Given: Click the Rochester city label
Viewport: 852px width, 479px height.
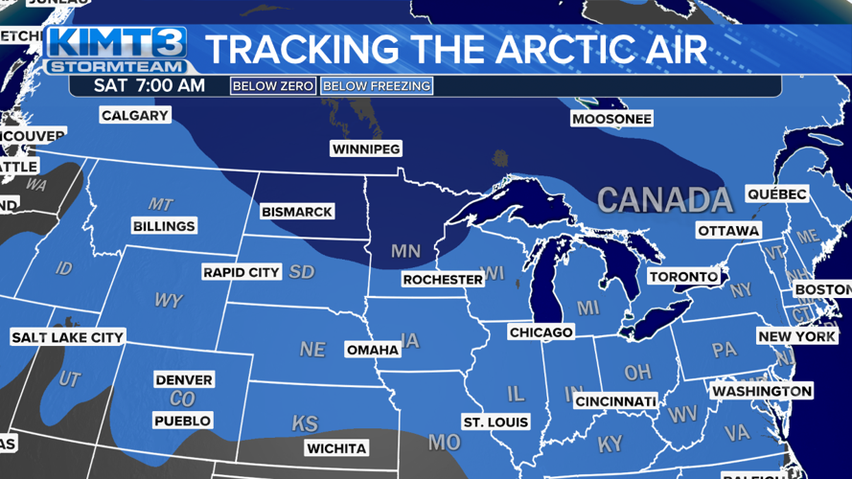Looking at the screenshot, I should point(443,280).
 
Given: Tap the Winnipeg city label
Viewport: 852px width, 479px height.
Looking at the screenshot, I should point(365,149).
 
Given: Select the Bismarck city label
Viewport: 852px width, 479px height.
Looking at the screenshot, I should point(297,212).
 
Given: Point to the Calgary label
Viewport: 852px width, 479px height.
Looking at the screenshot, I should point(135,116).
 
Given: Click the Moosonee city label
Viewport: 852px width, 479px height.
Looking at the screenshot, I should point(611,120).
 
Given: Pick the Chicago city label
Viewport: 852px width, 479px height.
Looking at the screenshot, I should point(541,332).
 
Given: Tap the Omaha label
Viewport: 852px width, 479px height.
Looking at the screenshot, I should point(373,350).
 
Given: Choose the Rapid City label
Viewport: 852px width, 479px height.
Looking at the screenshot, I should point(242,273).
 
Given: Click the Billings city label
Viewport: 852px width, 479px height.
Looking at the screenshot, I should point(164,226).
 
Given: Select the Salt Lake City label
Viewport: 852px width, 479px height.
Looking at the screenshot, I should point(67,337).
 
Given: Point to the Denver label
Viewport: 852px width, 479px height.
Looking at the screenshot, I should point(184,380).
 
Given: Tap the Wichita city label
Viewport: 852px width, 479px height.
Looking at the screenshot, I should point(336,448).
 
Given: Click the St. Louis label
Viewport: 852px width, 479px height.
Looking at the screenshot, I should point(495,422).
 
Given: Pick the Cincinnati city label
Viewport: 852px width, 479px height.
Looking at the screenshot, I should point(616,400).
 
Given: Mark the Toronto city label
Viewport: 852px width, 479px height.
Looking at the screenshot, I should point(683,277).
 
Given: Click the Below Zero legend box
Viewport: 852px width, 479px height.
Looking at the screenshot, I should point(273,86).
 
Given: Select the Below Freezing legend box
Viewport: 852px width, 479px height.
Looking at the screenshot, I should point(377,86).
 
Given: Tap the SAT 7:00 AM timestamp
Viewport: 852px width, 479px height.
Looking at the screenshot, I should point(150,86).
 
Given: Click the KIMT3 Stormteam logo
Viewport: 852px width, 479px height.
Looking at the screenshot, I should point(116,51).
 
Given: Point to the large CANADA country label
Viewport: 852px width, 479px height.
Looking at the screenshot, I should point(665,200).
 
